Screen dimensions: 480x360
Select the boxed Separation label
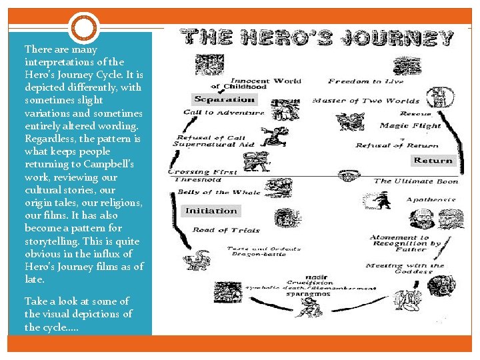point(225,99)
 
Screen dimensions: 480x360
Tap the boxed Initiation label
point(211,211)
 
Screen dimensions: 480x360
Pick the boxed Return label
point(433,161)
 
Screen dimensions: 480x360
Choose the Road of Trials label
point(217,230)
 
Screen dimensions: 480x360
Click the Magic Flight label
point(410,125)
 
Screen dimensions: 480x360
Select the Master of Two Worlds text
point(366,101)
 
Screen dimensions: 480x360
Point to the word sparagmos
point(308,294)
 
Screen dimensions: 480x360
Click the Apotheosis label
point(431,199)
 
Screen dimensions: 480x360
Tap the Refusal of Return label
point(397,145)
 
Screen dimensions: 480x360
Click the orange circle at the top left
point(84,27)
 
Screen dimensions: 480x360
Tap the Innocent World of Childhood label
point(257,83)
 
